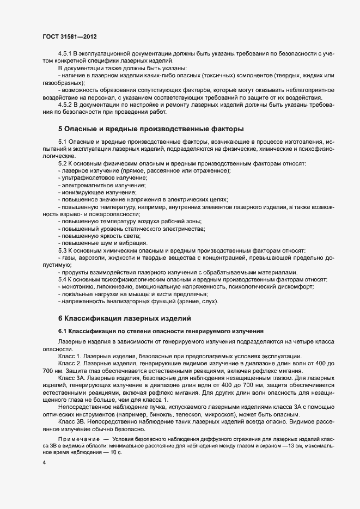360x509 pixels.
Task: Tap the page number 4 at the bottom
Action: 43,462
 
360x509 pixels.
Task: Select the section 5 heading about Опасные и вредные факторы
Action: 150,129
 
